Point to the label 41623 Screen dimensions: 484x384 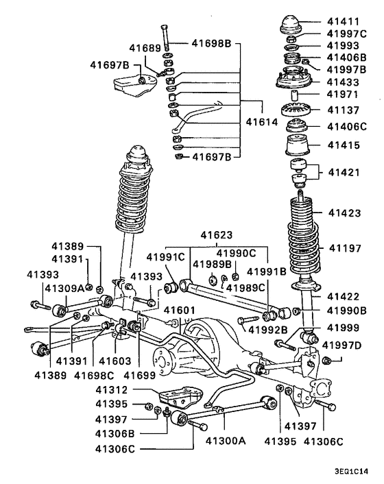tap(217, 235)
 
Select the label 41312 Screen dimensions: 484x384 tap(111, 391)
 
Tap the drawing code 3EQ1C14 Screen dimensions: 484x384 tap(356, 472)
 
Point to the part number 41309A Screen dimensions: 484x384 tap(64, 287)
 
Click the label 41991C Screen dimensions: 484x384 tap(165, 257)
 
